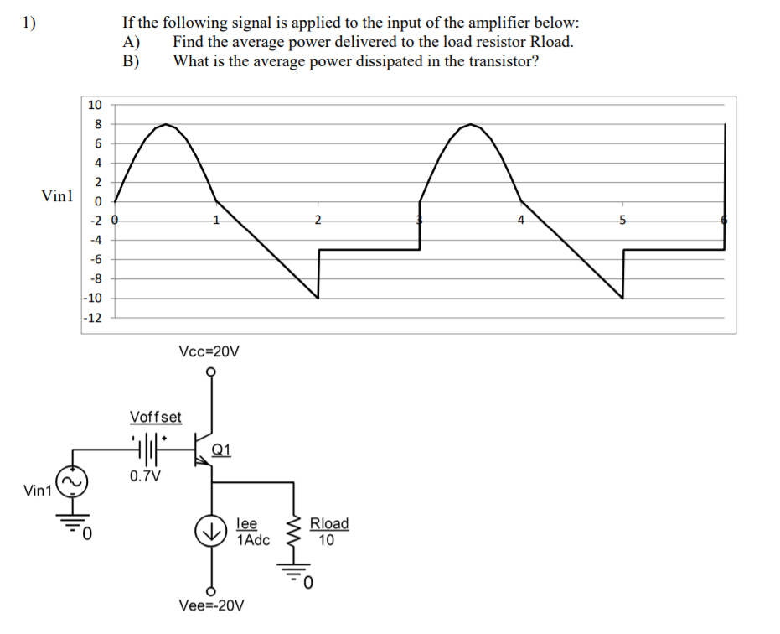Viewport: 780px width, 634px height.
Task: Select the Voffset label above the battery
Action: click(156, 417)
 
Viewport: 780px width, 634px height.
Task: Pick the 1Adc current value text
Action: click(254, 540)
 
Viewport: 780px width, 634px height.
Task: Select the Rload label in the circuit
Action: click(329, 524)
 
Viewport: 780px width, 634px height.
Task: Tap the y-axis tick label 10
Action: click(95, 105)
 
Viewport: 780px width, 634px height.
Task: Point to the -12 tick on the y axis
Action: click(93, 318)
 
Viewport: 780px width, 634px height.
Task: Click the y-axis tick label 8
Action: click(97, 124)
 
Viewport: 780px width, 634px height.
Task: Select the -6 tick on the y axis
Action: click(95, 260)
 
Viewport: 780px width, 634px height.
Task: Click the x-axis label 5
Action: click(622, 221)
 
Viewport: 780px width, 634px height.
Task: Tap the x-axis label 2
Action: click(318, 221)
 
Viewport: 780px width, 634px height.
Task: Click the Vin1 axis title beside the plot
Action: click(57, 196)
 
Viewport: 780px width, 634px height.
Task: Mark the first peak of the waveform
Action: click(167, 125)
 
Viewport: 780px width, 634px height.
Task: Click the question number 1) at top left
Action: click(30, 23)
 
